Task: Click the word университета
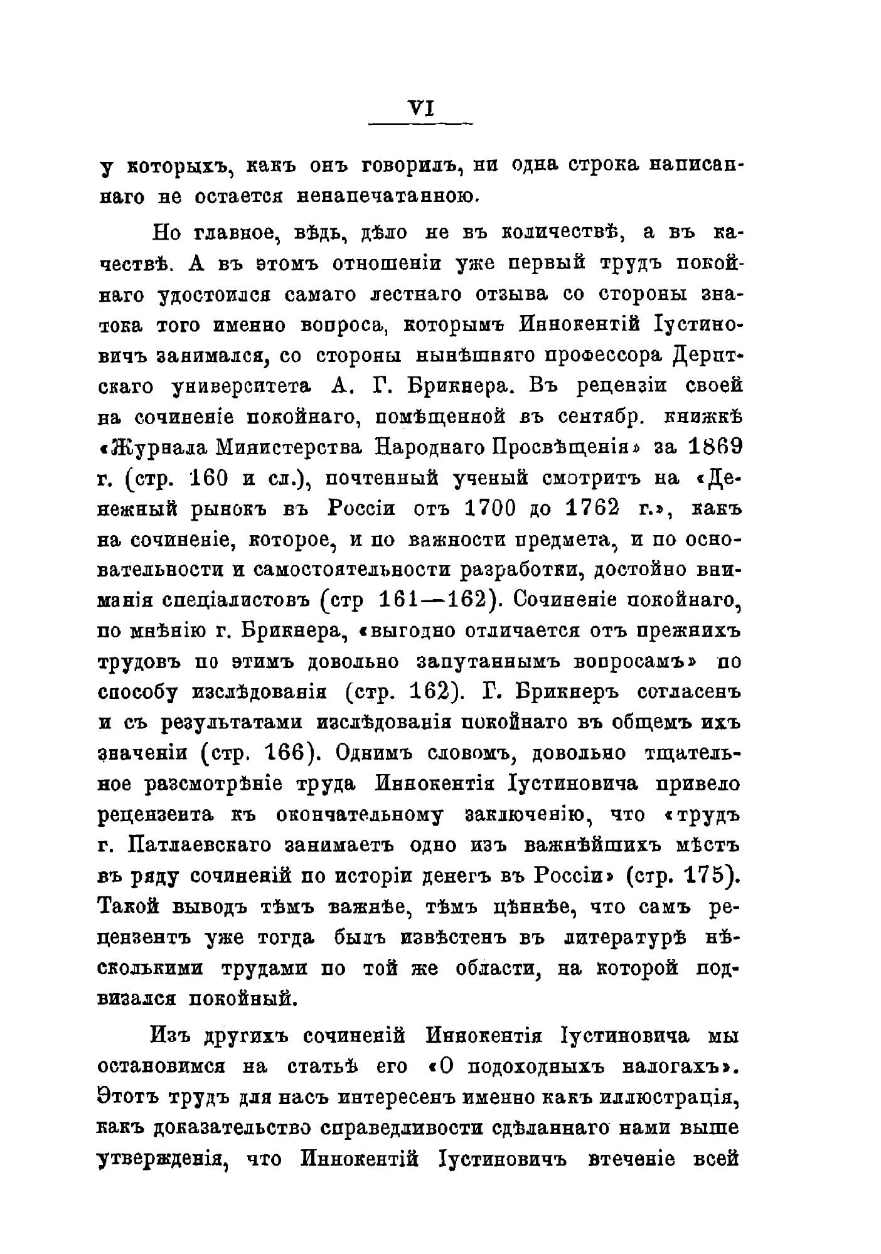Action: click(x=241, y=386)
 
